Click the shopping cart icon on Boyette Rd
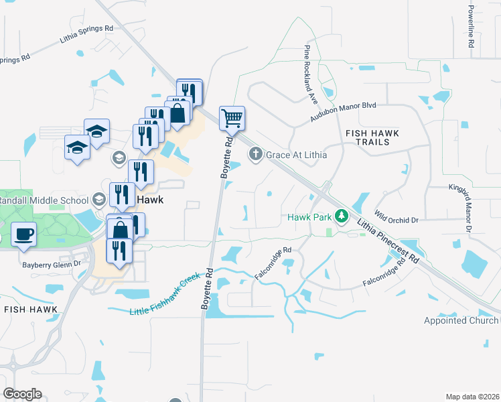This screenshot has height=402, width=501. pos(232,119)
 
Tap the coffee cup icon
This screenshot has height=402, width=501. pos(24,234)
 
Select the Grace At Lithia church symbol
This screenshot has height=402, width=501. pos(255,155)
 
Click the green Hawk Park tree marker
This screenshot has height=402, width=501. pos(342,216)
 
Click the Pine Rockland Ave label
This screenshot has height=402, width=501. pos(311,70)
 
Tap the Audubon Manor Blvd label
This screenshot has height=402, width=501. pos(344,112)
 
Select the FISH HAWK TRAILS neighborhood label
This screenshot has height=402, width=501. pos(372,139)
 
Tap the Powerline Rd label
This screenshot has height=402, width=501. pos(471,25)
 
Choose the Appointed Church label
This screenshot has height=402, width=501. pos(462,320)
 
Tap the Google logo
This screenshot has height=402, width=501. pos(22,394)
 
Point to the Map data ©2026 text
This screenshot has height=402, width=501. pos(472,397)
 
